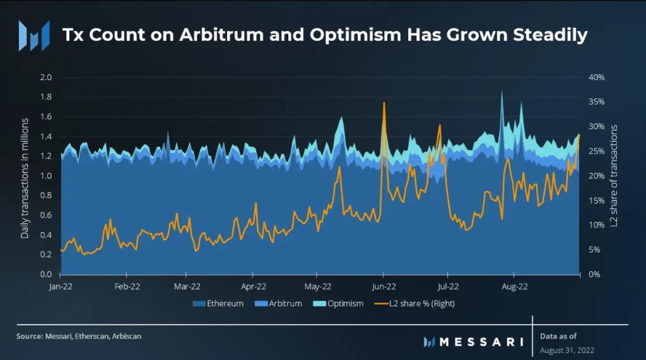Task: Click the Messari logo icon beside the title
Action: tap(33, 35)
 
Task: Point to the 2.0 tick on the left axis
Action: tap(45, 77)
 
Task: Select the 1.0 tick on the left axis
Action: tap(45, 176)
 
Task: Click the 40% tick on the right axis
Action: tap(597, 77)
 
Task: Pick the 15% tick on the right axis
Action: tap(597, 200)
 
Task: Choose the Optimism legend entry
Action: tap(341, 303)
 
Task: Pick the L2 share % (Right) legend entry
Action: tap(416, 303)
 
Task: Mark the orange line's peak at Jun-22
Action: tap(383, 103)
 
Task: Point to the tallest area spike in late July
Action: tap(502, 90)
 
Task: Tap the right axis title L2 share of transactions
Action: tap(613, 176)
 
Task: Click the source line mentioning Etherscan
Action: tap(79, 336)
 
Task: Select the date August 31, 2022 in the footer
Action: tap(567, 349)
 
